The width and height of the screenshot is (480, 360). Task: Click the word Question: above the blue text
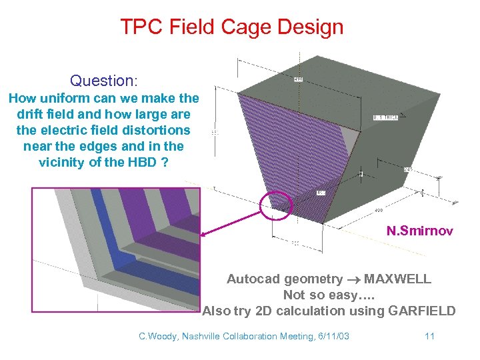click(104, 81)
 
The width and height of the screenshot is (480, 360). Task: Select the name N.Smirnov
click(420, 231)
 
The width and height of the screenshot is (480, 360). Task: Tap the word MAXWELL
click(397, 279)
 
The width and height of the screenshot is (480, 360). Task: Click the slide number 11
click(429, 336)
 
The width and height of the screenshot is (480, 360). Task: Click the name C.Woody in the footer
click(157, 336)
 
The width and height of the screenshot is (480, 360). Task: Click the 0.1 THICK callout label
click(385, 117)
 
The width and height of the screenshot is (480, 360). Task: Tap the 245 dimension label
click(407, 169)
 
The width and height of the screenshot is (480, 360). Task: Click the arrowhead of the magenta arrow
click(204, 233)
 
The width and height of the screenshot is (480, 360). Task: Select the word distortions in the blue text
click(156, 130)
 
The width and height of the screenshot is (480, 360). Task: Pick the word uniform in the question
click(61, 98)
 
